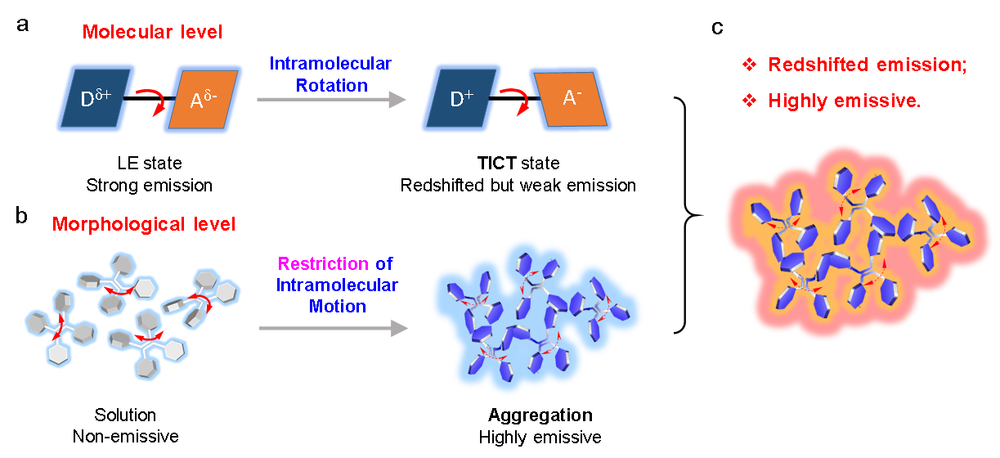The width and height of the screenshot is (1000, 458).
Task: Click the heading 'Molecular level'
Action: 152,34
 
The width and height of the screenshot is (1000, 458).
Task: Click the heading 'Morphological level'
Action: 144,224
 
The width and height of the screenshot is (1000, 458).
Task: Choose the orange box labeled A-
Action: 572,99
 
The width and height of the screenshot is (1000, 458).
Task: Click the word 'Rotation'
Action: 332,85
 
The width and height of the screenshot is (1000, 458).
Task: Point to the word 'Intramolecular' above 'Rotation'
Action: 331,64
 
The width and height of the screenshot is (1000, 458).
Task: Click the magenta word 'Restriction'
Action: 323,264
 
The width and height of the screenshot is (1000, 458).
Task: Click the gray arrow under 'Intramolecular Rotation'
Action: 331,100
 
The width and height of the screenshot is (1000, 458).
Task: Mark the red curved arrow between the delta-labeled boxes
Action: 149,105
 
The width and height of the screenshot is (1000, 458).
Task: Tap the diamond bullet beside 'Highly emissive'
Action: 749,101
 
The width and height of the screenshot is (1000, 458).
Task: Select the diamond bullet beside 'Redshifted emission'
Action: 749,65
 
